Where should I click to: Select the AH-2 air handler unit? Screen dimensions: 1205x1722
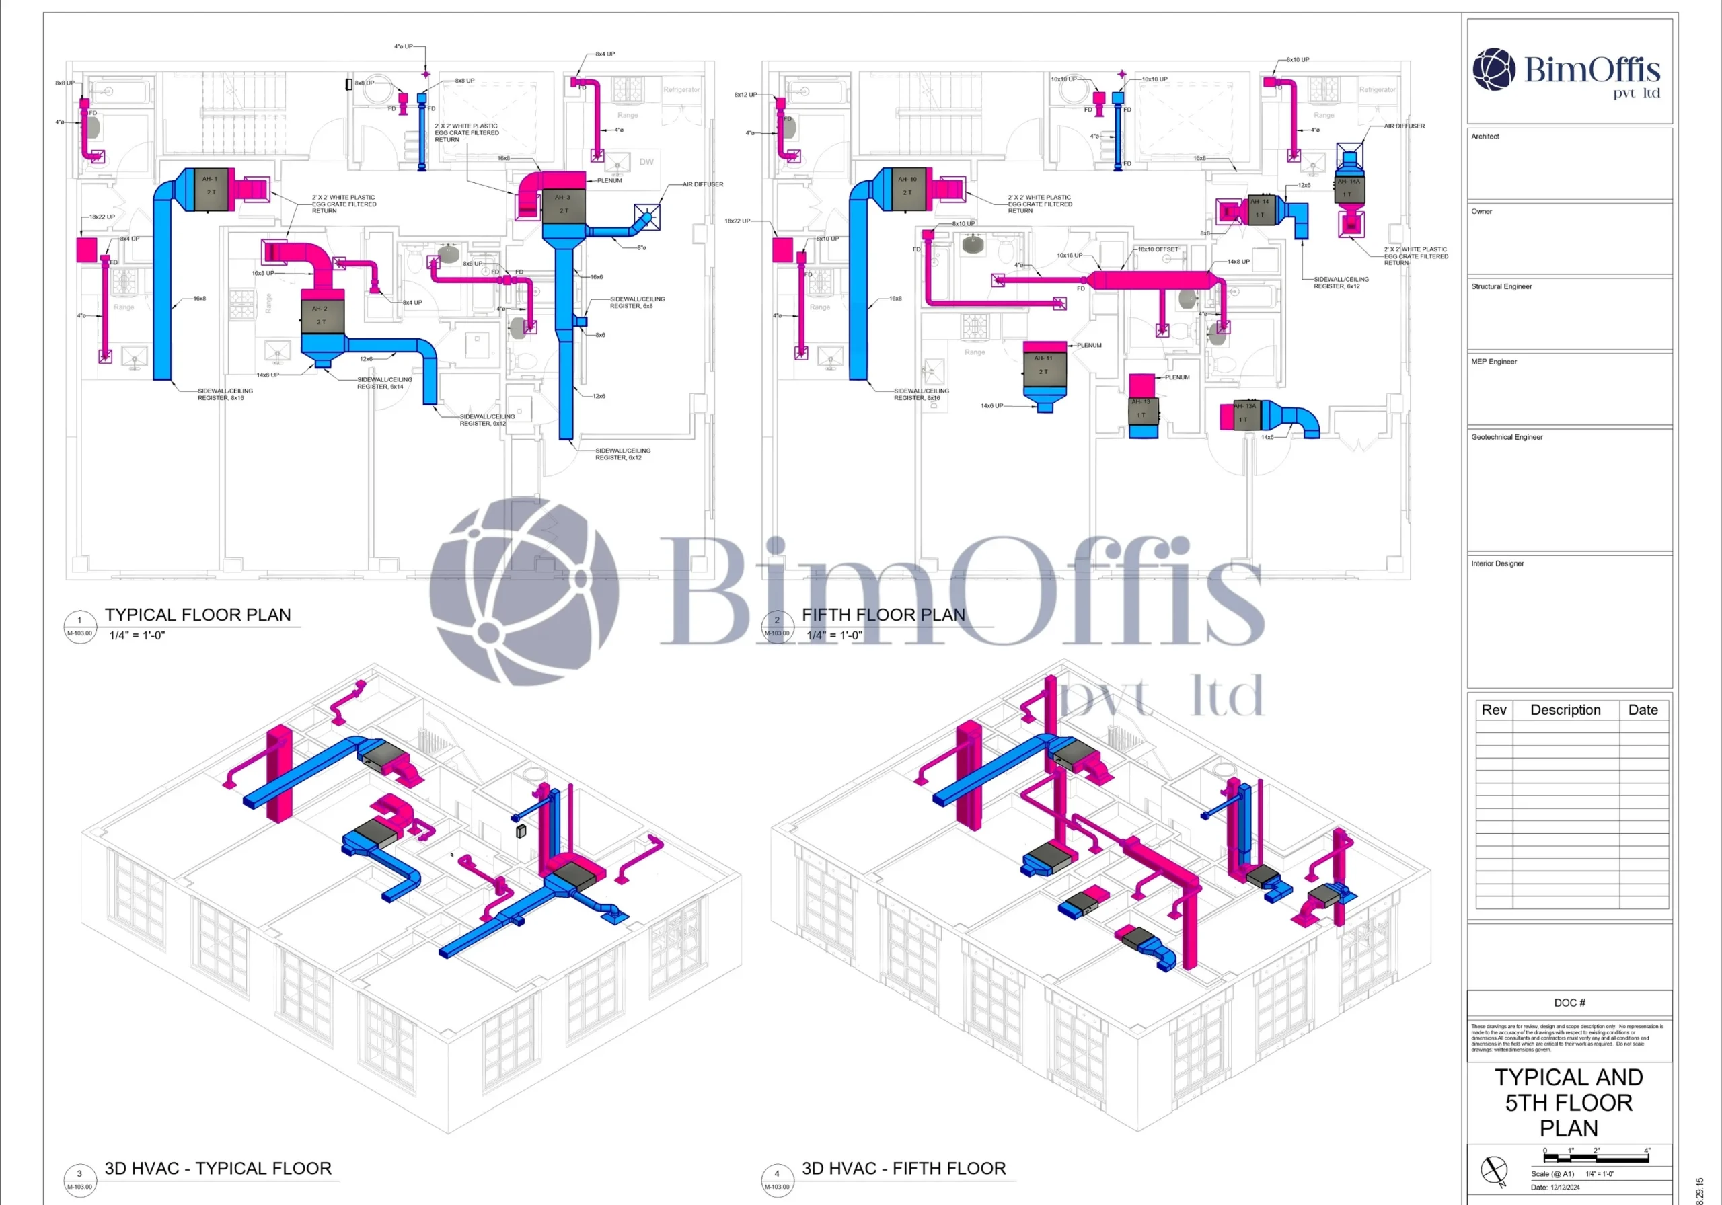pyautogui.click(x=322, y=315)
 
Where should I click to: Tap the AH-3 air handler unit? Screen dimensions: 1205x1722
pyautogui.click(x=563, y=204)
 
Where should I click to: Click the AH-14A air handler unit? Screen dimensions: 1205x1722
pyautogui.click(x=1349, y=188)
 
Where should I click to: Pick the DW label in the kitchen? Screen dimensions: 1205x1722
pyautogui.click(x=646, y=162)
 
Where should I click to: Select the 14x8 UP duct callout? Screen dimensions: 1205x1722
pyautogui.click(x=1238, y=262)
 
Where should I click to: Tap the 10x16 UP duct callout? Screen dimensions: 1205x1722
pyautogui.click(x=1070, y=256)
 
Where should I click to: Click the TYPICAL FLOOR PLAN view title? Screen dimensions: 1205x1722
pyautogui.click(x=197, y=615)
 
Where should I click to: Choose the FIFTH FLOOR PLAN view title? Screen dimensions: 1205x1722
pyautogui.click(x=883, y=615)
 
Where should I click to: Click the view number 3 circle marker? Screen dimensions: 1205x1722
pyautogui.click(x=79, y=1174)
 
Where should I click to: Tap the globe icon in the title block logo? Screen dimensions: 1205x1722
pyautogui.click(x=1493, y=69)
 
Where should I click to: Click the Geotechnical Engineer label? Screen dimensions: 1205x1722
pyautogui.click(x=1506, y=437)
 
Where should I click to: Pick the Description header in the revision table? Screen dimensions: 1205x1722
pyautogui.click(x=1565, y=710)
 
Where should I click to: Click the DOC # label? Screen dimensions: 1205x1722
pyautogui.click(x=1569, y=1003)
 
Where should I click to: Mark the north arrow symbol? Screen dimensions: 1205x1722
pyautogui.click(x=1494, y=1171)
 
